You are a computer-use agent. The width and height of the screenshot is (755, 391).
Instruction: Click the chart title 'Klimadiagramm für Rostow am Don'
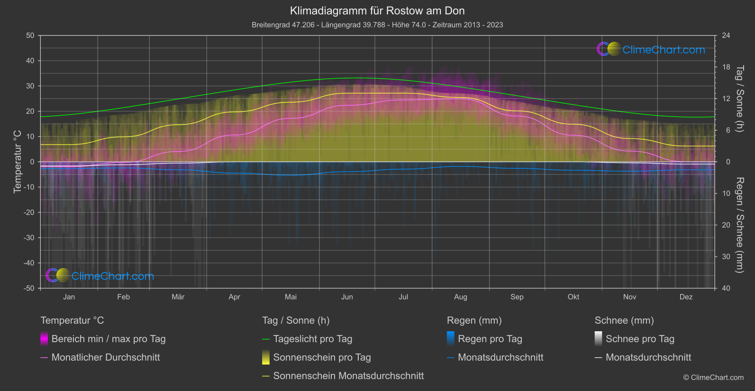[377, 10]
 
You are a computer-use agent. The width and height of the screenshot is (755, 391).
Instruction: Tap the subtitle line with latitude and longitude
[377, 25]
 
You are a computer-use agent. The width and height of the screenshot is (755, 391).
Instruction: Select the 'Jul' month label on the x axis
[403, 297]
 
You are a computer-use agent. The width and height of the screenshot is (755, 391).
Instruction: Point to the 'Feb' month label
[123, 297]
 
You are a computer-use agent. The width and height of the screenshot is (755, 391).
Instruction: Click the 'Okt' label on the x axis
[573, 297]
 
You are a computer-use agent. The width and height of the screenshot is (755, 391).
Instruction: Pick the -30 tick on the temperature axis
[29, 237]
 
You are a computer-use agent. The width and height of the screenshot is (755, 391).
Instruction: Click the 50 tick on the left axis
[30, 36]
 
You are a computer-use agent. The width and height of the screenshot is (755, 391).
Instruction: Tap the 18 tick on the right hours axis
[726, 67]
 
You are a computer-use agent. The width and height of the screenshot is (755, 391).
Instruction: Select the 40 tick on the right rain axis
[726, 288]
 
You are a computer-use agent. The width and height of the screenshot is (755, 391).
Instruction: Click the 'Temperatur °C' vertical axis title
[18, 162]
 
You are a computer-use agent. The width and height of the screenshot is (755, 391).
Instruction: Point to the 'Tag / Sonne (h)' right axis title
[739, 99]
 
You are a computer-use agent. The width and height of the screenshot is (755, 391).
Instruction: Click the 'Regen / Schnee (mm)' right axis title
[739, 225]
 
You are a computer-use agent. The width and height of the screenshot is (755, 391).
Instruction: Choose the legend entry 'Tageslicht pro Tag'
[312, 339]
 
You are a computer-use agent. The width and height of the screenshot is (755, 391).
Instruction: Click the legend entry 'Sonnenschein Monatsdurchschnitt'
[348, 376]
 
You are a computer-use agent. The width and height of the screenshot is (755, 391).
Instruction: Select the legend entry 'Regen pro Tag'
[490, 339]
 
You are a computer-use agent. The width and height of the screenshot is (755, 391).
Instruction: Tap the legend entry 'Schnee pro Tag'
[639, 339]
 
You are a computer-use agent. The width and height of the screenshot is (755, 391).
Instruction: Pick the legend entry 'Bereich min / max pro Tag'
[108, 339]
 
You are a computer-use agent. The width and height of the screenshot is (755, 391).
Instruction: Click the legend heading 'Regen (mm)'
[474, 320]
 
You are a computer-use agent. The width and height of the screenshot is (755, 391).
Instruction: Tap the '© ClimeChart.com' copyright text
[713, 377]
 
